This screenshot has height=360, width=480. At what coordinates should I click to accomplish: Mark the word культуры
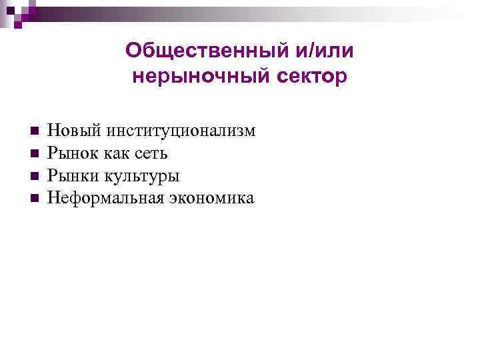coord(141,177)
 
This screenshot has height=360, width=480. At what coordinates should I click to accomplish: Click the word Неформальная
coord(102,198)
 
